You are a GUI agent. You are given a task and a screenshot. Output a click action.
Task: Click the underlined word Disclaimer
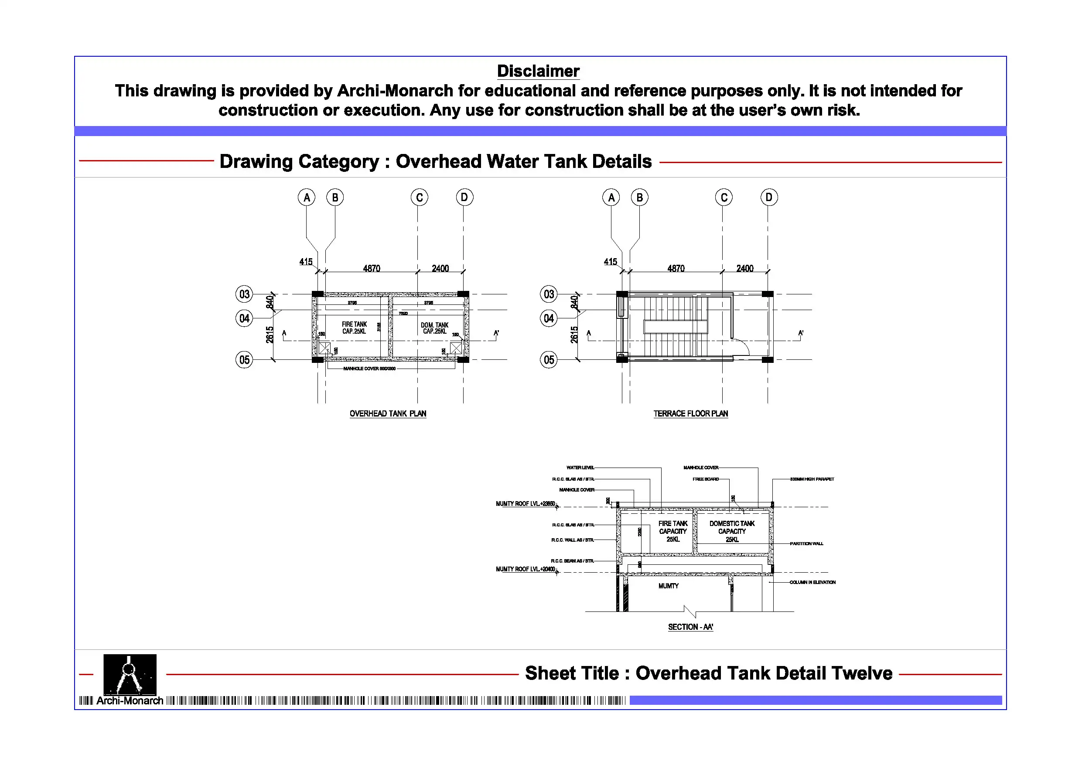538,71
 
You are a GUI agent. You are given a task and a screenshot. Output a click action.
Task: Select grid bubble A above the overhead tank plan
306,198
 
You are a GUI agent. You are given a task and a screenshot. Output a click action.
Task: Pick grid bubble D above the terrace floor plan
768,198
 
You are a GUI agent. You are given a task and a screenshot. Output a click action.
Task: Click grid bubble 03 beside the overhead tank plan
244,294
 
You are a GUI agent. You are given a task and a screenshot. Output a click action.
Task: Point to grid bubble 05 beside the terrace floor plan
549,360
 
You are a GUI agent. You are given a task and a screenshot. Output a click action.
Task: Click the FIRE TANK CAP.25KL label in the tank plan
354,328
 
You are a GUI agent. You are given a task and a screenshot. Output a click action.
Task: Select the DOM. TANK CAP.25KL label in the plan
434,328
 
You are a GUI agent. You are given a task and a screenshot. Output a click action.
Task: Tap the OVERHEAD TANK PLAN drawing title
387,413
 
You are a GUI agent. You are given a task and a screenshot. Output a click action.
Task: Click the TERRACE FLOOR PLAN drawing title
690,413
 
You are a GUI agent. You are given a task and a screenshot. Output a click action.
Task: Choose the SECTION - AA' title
690,627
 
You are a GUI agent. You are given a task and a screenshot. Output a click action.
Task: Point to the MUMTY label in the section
668,586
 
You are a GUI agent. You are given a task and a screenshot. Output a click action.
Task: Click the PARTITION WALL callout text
806,543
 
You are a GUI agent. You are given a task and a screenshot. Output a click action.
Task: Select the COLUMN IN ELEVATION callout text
812,582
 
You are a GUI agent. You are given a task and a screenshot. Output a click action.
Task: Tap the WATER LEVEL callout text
580,468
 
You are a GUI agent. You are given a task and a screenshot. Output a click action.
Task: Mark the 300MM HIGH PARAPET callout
812,479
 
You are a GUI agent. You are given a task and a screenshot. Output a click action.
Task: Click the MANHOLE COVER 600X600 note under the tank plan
369,369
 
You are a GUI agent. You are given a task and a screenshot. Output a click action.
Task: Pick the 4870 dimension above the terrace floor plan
676,268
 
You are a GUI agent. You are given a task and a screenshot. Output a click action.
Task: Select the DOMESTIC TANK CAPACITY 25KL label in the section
732,531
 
